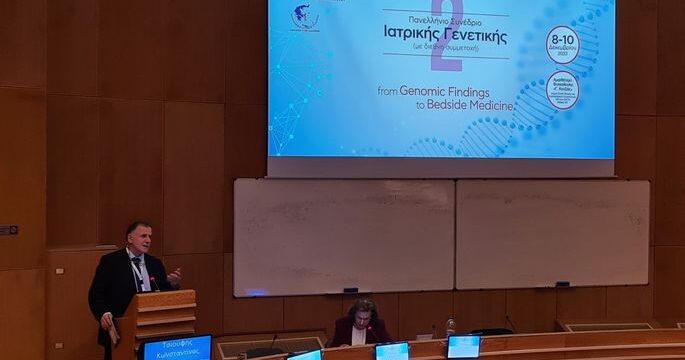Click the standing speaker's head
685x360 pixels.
(x=135, y=238)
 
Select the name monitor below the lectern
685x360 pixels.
(x=177, y=347)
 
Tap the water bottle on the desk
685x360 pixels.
(x=450, y=326)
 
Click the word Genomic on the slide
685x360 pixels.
(x=433, y=90)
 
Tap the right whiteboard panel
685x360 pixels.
(x=552, y=232)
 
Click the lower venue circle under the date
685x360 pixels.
(x=562, y=90)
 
